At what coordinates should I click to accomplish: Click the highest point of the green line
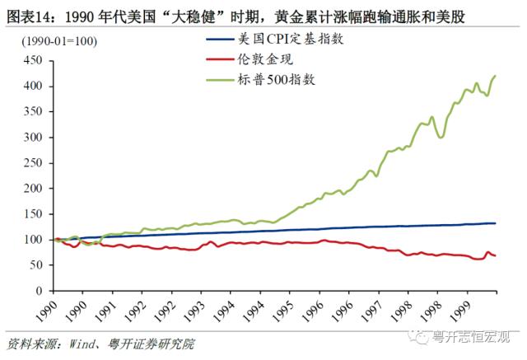496,76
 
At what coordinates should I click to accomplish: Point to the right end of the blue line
496,223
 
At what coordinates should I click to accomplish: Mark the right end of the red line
496,255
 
